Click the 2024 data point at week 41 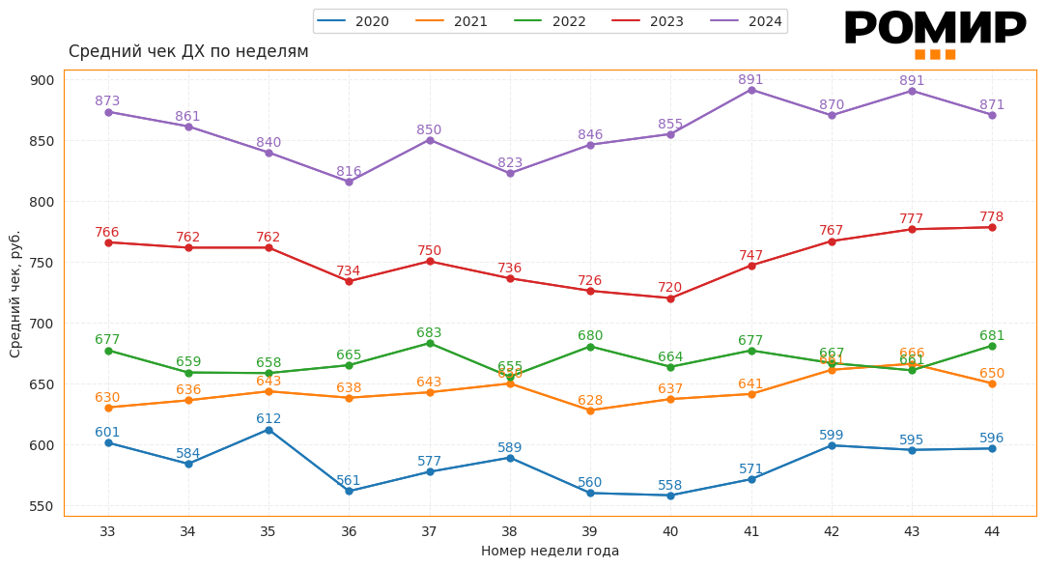751,90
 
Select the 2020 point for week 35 269,430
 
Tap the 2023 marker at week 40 670,298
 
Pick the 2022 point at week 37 430,344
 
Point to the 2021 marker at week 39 590,411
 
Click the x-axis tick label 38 510,532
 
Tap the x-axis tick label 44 992,532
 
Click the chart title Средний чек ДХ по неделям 188,52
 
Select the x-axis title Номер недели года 550,552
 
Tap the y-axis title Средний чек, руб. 15,294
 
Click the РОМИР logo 934,31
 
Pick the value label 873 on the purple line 107,101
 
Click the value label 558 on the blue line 670,486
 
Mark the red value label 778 992,217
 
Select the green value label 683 430,333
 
